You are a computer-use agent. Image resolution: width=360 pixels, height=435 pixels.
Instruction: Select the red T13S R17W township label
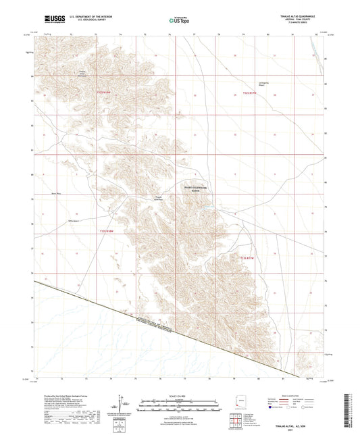pos(249,258)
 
